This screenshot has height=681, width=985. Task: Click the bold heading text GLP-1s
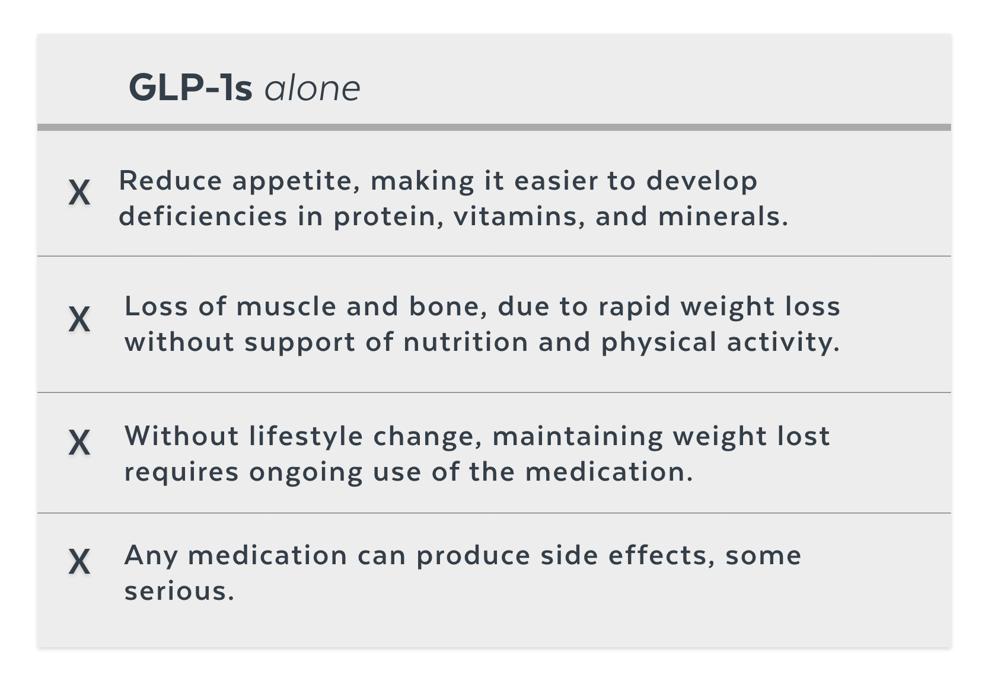pyautogui.click(x=190, y=88)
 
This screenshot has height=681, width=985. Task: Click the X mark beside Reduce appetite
pyautogui.click(x=79, y=192)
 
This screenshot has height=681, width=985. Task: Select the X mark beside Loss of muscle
pyautogui.click(x=79, y=319)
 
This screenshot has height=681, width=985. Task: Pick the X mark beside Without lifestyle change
pyautogui.click(x=79, y=442)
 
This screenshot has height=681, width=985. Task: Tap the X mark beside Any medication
pyautogui.click(x=79, y=561)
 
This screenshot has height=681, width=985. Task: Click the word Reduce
pyautogui.click(x=171, y=181)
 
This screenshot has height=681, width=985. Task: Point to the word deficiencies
pyautogui.click(x=203, y=216)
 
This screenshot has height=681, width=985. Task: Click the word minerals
pyautogui.click(x=723, y=216)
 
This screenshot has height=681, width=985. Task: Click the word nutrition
pyautogui.click(x=466, y=342)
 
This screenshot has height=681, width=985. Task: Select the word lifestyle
pyautogui.click(x=306, y=437)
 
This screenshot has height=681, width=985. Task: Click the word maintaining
pyautogui.click(x=578, y=437)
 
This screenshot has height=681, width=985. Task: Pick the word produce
pyautogui.click(x=474, y=556)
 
